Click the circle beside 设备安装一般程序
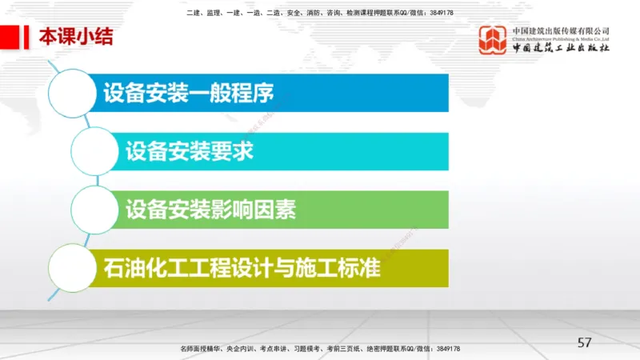point(78,94)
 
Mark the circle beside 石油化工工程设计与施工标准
point(78,268)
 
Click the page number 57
point(585,342)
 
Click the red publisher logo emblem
point(493,40)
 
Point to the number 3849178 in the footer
point(444,350)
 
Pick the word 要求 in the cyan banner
point(236,151)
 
